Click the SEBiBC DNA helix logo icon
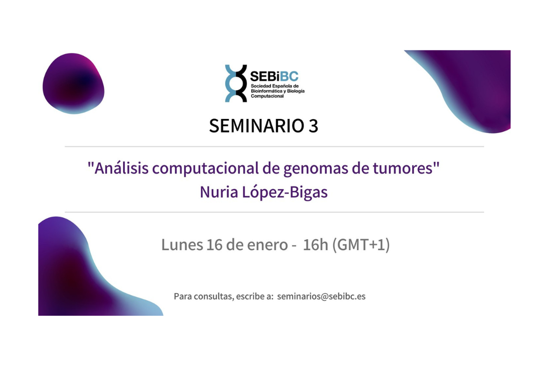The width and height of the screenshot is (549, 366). (x=236, y=83)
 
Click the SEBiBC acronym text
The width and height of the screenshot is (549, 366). (x=274, y=75)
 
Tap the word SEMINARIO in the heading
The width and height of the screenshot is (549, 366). (x=251, y=126)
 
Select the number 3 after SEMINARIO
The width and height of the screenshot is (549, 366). (x=312, y=126)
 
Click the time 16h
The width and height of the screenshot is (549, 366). (x=316, y=245)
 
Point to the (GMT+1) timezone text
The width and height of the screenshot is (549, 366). (x=361, y=245)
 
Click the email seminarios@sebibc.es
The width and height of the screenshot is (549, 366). (x=321, y=296)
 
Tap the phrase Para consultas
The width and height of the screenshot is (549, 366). (x=203, y=296)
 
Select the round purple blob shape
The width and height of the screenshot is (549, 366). (x=73, y=83)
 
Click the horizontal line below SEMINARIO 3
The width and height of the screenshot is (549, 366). (x=274, y=147)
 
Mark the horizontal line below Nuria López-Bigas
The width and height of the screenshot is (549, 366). (x=274, y=212)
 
